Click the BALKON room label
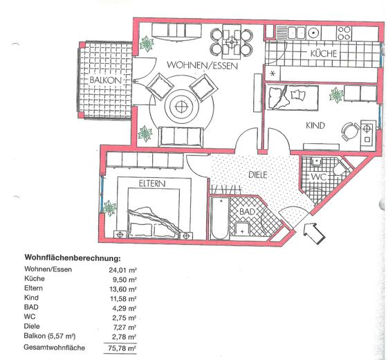(x=105, y=80)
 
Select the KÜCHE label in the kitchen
(x=322, y=52)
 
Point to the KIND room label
(x=315, y=126)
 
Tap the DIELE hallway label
(x=257, y=175)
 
